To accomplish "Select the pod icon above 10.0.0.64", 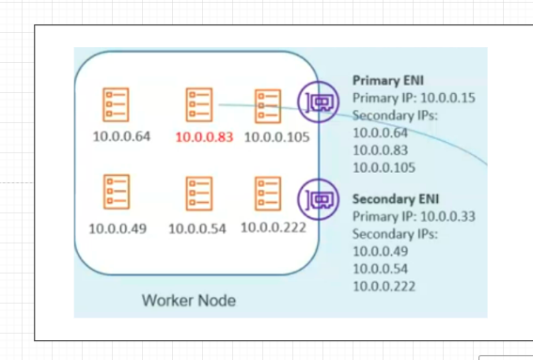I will point(118,104).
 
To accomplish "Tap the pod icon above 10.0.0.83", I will point(199,104).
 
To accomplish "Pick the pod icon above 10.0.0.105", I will point(268,104).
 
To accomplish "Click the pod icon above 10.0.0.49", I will point(118,192).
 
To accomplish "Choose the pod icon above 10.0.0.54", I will point(197,192).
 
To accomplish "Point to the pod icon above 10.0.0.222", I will point(268,192).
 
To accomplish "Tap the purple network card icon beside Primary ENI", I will point(318,101).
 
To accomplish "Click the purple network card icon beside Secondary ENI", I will point(318,199).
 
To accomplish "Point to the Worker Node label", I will point(188,301).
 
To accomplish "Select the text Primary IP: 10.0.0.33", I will point(413,216).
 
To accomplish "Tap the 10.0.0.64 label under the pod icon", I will point(120,137).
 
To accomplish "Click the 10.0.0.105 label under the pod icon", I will point(276,137).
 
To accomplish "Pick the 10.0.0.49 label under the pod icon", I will point(118,227).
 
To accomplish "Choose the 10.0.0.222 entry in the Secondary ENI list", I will point(384,286).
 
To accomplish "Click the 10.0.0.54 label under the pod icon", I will point(197,227).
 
